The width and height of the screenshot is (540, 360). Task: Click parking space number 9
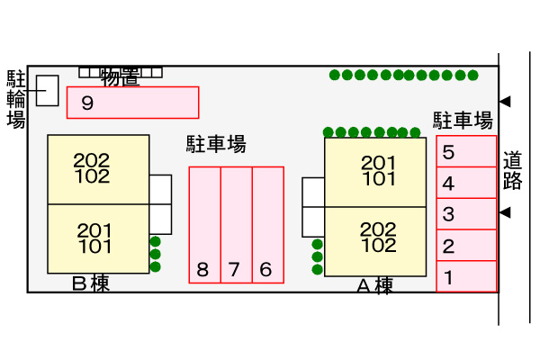coord(132,102)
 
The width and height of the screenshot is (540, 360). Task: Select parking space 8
coord(204,225)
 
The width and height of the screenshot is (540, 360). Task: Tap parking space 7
coord(236,225)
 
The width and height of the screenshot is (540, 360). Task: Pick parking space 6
coord(267,225)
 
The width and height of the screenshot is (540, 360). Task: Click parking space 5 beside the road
coord(466,152)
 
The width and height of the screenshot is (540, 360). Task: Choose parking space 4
coord(466,184)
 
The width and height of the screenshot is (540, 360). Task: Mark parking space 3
coord(466,214)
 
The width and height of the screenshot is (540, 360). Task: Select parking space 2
coord(466,245)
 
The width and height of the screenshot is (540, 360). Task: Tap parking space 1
coord(466,276)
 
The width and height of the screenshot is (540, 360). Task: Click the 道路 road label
coord(513,172)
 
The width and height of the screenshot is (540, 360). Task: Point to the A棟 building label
coord(374,286)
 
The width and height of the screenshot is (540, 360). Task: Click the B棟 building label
coord(90,284)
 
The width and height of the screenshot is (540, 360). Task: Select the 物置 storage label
coord(120,77)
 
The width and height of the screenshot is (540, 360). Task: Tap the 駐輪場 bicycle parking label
coord(16,98)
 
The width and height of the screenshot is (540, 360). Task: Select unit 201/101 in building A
coord(375,171)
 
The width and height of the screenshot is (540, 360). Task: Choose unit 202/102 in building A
coord(375,238)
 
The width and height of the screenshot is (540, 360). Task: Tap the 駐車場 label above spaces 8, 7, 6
coord(216,143)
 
